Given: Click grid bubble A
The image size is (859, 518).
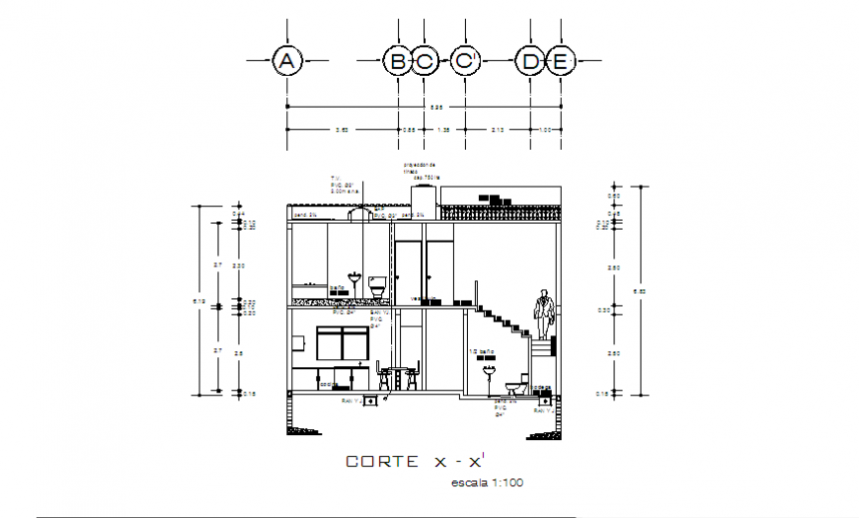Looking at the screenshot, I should point(286,62).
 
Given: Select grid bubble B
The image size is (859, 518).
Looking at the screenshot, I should point(397,62).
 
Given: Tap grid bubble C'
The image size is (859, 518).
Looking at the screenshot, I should point(465,62).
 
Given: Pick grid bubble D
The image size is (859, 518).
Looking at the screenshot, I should point(530,62).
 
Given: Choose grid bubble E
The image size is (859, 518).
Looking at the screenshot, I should point(560,62).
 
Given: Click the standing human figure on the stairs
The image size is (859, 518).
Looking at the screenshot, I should point(544,313).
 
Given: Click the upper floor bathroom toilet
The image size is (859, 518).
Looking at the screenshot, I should point(376,287).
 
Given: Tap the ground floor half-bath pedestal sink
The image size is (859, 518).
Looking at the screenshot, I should point(487,376).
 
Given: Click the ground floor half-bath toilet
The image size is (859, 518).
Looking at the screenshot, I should point(514,386).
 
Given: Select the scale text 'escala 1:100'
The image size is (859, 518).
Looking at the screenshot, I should point(486,482).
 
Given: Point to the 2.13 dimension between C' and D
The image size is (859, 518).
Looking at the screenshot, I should point(498,129).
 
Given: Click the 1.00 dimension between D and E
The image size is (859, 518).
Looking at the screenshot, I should point(546,129).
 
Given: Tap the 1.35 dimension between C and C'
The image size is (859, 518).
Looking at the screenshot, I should point(443,129).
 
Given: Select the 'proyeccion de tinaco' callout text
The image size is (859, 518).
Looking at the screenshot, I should point(419,169).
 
